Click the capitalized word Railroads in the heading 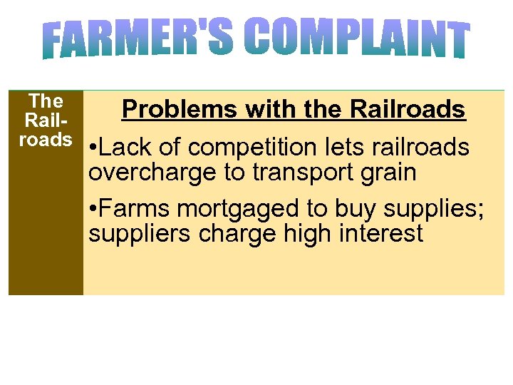point(408,110)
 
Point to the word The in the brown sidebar point(46,101)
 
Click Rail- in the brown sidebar point(46,120)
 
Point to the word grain point(389,172)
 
